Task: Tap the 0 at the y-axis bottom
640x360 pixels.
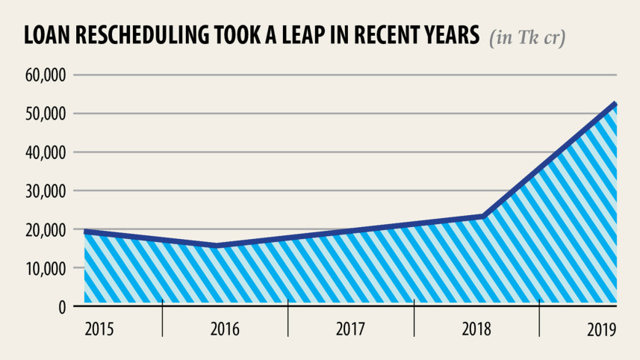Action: coord(62,307)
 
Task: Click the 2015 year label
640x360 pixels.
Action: coord(99,329)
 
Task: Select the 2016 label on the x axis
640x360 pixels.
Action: coord(225,329)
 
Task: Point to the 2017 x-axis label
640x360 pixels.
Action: coord(350,329)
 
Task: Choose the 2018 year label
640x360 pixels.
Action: coord(476,329)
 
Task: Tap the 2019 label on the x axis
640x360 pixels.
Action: coord(601,329)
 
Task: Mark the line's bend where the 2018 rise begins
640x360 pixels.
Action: coord(484,217)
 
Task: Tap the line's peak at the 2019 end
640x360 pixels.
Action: coord(615,104)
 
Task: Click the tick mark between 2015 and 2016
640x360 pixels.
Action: coord(162,308)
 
